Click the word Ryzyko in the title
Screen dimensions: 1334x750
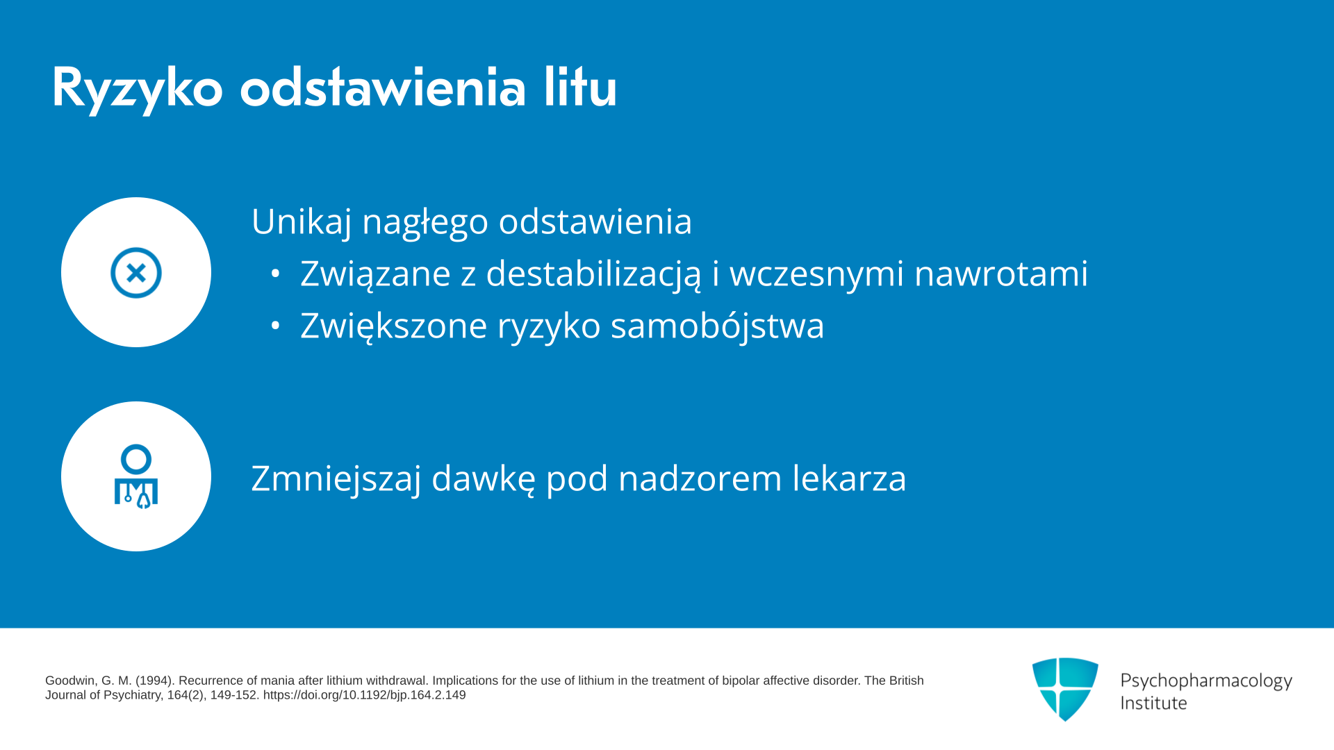(x=138, y=89)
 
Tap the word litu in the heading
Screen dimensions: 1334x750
(x=580, y=87)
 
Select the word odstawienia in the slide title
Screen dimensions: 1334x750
(x=383, y=87)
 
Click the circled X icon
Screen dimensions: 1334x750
(x=136, y=273)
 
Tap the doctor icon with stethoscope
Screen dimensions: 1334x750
(x=136, y=476)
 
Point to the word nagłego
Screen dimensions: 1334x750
(x=425, y=222)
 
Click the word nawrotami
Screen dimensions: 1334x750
(x=1000, y=274)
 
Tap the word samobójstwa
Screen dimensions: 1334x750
(x=717, y=325)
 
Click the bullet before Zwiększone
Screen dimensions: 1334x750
(x=276, y=325)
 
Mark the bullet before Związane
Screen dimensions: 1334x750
(x=276, y=274)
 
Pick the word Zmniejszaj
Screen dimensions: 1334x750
(x=336, y=478)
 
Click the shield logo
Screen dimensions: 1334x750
(x=1065, y=689)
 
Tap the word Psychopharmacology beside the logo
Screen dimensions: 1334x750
(x=1206, y=681)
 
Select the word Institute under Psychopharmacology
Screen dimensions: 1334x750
(x=1153, y=703)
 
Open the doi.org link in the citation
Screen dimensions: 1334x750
(x=364, y=695)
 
